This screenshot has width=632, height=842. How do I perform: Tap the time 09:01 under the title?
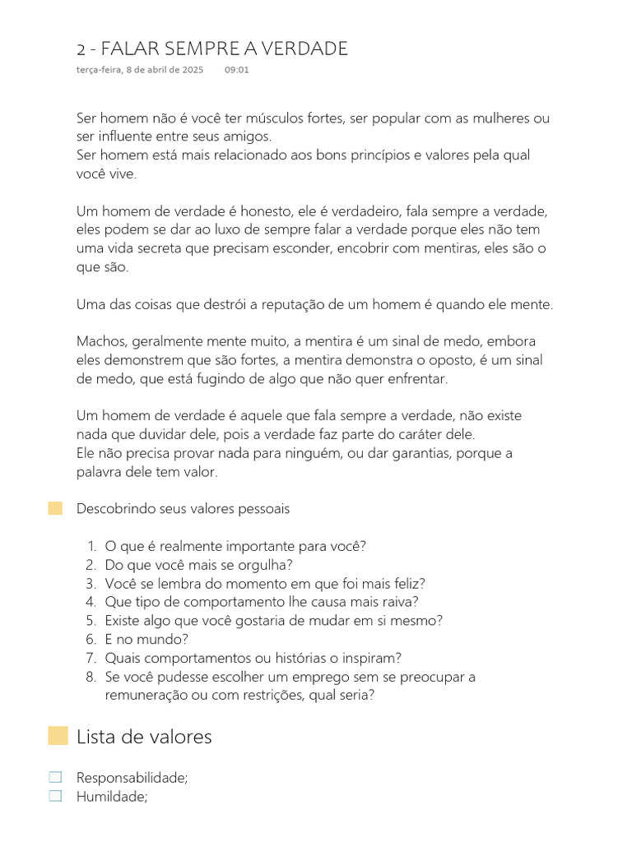pyautogui.click(x=236, y=70)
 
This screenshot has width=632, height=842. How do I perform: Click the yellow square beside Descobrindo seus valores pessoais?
pyautogui.click(x=55, y=508)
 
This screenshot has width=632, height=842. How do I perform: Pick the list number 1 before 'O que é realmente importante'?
pyautogui.click(x=91, y=546)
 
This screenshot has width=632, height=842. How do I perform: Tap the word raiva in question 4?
pyautogui.click(x=399, y=602)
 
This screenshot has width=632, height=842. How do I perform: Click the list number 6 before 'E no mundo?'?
pyautogui.click(x=91, y=639)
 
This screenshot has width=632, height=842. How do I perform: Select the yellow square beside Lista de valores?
pyautogui.click(x=58, y=736)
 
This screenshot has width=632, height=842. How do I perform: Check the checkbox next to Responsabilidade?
pyautogui.click(x=55, y=777)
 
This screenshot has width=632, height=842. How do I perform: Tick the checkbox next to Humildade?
pyautogui.click(x=55, y=795)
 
